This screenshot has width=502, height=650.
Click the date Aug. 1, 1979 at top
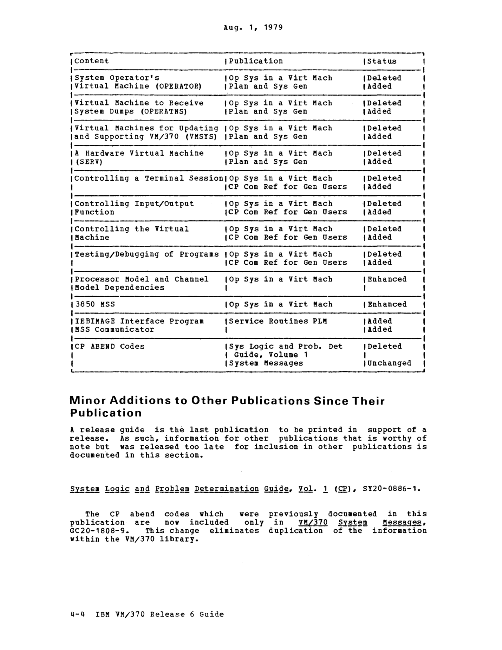(x=253, y=28)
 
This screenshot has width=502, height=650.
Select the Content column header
(x=91, y=61)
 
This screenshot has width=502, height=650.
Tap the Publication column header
(x=256, y=61)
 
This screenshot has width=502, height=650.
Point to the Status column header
(x=382, y=61)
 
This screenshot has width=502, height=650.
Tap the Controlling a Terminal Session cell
(x=149, y=178)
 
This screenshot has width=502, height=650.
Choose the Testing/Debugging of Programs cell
(x=146, y=254)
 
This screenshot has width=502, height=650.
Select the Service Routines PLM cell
(x=278, y=321)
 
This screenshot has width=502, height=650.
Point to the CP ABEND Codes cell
(x=109, y=347)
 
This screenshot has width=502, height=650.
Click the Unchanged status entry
(x=389, y=363)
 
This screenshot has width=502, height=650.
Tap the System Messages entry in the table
(x=266, y=363)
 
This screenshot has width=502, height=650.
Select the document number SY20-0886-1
(x=391, y=489)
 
